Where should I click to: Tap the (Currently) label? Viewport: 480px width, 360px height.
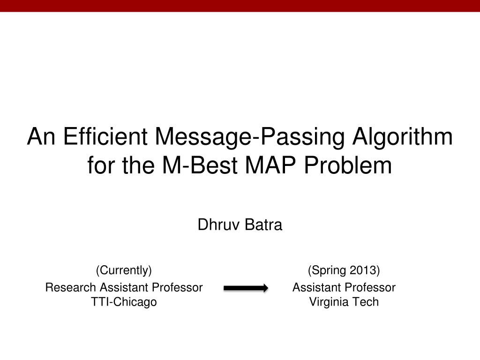[124, 270]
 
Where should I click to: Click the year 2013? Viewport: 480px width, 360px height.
[364, 270]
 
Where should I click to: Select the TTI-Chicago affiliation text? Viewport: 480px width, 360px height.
[124, 302]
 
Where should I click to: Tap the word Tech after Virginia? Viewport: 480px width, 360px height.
[366, 302]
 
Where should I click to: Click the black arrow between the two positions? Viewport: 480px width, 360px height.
[246, 288]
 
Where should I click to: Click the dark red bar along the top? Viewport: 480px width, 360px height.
[240, 6]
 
